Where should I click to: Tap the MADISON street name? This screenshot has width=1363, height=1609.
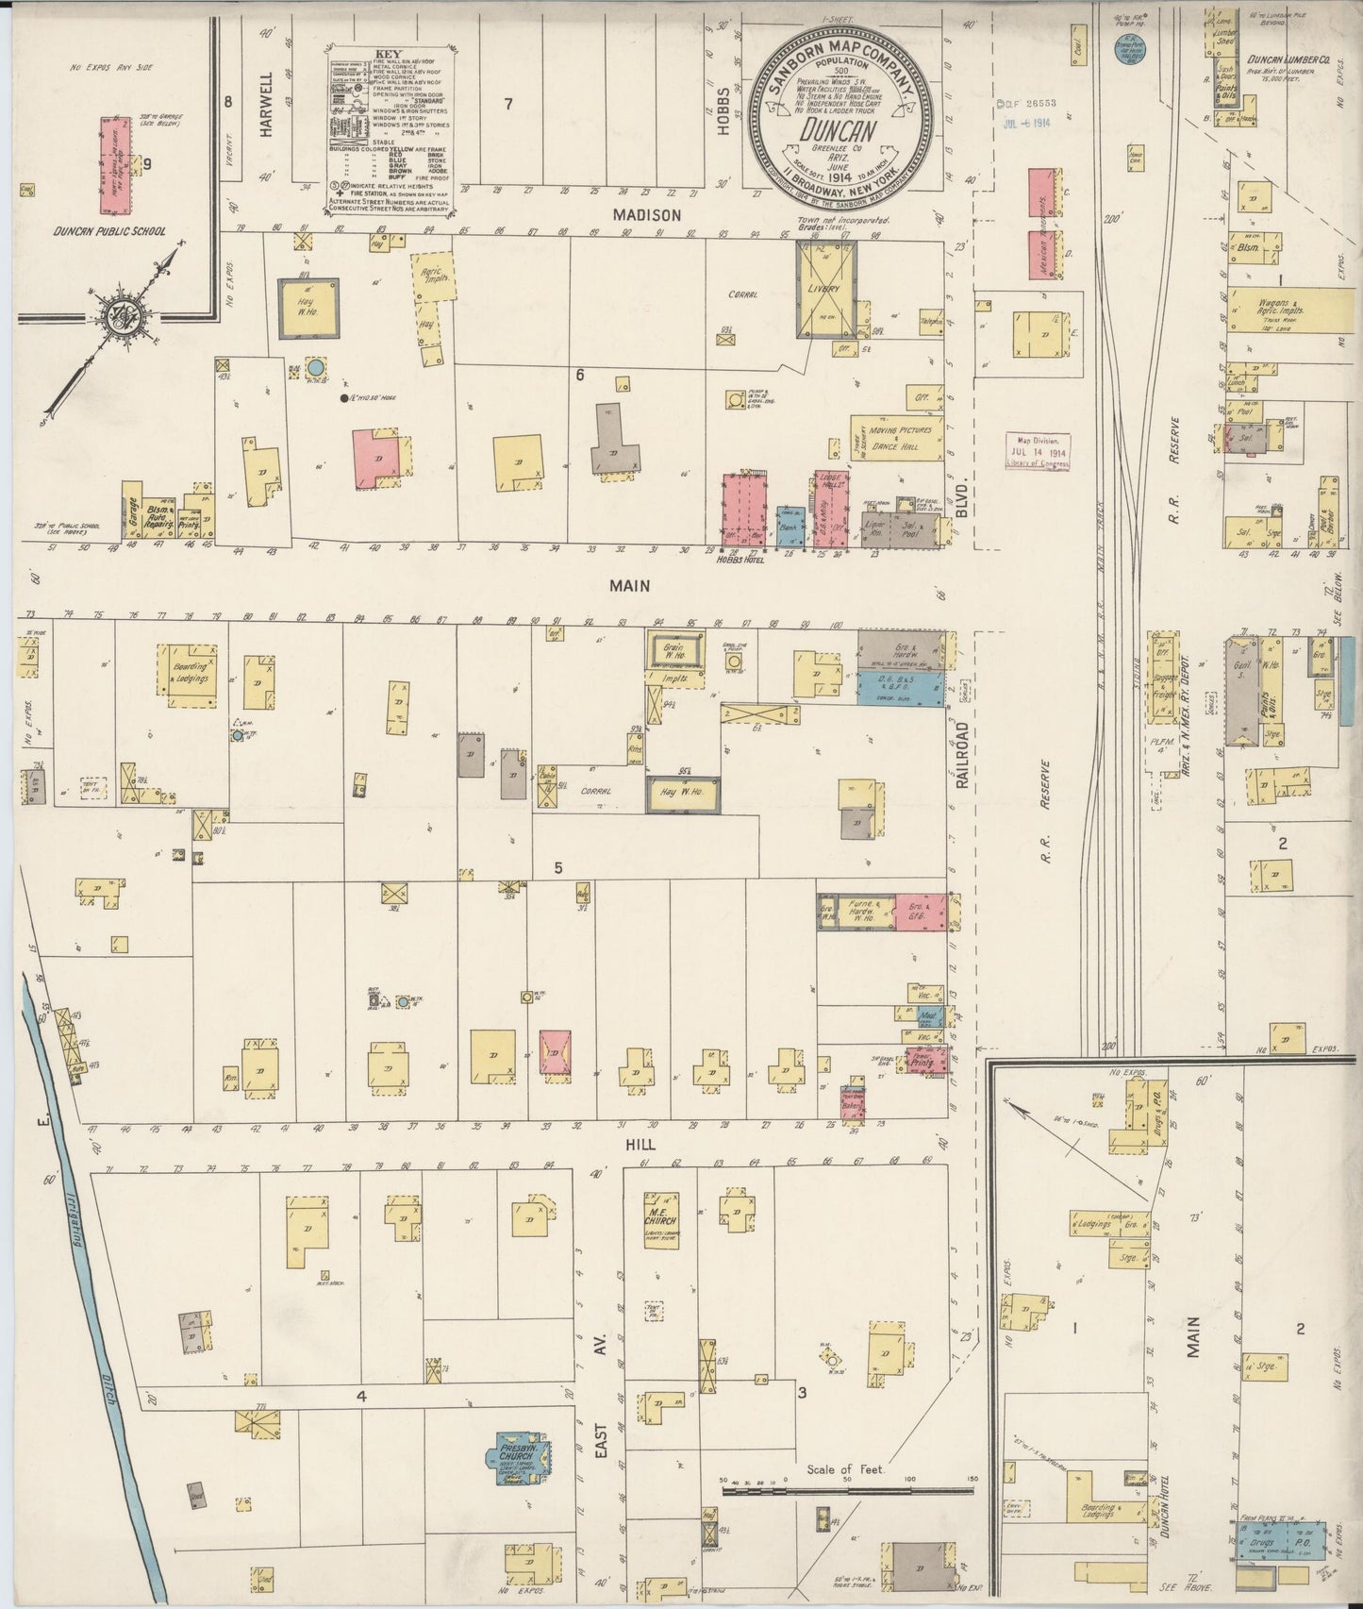pos(646,215)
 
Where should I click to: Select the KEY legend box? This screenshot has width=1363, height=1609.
pos(391,127)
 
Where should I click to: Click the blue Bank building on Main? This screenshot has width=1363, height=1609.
pos(790,528)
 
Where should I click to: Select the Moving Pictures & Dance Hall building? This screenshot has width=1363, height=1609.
pos(895,437)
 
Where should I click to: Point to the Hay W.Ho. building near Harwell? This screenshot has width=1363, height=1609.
pos(308,308)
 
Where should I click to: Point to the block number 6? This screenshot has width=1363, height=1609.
pos(579,376)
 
